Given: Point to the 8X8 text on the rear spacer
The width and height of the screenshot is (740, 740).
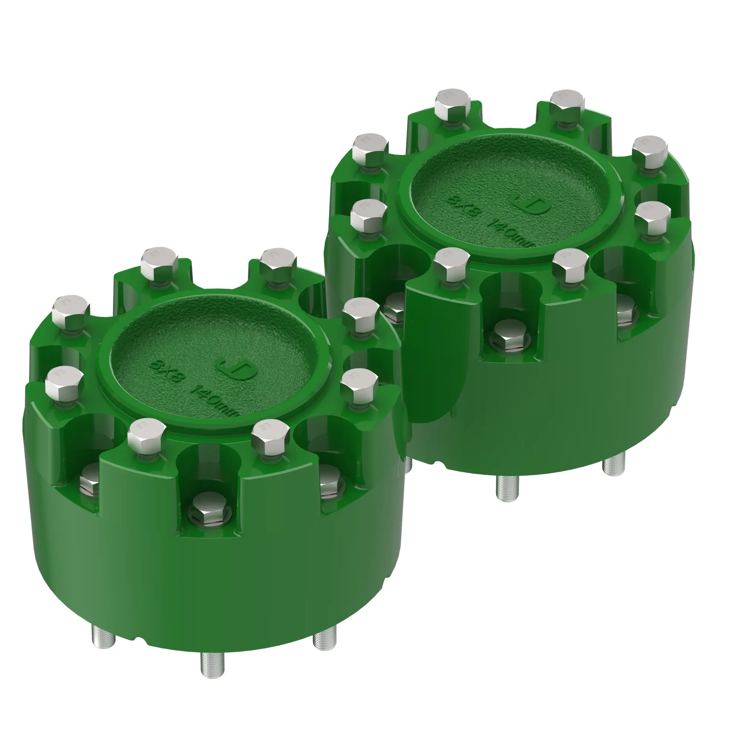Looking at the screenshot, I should [464, 206].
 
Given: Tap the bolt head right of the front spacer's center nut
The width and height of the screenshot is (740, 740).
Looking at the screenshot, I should [270, 437].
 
